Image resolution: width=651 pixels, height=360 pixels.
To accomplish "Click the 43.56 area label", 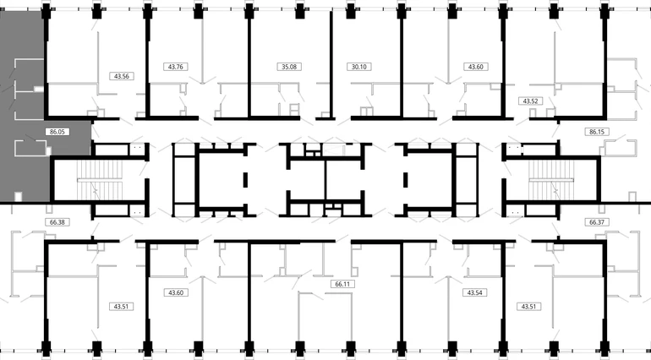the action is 121,76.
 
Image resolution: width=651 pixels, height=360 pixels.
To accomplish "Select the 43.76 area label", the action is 176,67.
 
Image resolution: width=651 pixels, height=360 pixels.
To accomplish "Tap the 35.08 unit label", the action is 289,67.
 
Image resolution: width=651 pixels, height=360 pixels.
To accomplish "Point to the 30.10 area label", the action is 358,67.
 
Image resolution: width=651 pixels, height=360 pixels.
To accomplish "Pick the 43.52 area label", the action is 530,101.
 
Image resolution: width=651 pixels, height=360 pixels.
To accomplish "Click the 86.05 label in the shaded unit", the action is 57,132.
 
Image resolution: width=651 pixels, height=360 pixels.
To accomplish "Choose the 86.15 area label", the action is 597,132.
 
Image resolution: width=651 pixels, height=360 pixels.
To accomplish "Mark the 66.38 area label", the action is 57,222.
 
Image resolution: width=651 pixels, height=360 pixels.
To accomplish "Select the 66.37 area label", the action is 597,222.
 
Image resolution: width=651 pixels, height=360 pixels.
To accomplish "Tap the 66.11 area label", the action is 342,284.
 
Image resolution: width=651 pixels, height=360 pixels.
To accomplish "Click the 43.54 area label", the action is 474,292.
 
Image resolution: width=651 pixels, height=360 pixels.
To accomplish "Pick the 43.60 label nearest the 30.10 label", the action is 475,67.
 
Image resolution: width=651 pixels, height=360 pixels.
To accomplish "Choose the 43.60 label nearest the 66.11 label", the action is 176,292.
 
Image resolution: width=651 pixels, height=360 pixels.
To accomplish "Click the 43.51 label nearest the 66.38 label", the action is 121,307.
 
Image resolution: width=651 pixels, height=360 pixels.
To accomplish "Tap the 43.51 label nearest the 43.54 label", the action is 528,307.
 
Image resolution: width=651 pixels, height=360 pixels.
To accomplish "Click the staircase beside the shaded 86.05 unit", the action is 100,180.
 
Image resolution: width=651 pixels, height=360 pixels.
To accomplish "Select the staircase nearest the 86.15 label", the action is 551,180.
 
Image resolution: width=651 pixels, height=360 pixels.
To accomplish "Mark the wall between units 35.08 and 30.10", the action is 331,65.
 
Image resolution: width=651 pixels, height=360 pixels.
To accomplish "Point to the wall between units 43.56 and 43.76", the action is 147,63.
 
